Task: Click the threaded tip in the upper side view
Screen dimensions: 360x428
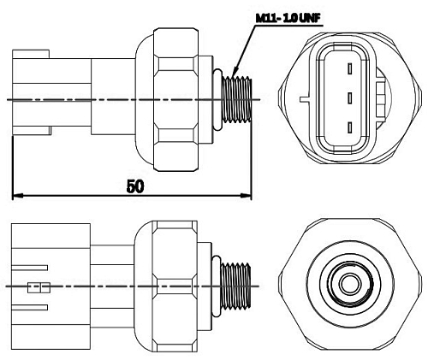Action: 237,100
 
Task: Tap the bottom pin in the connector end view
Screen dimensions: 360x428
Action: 348,127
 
